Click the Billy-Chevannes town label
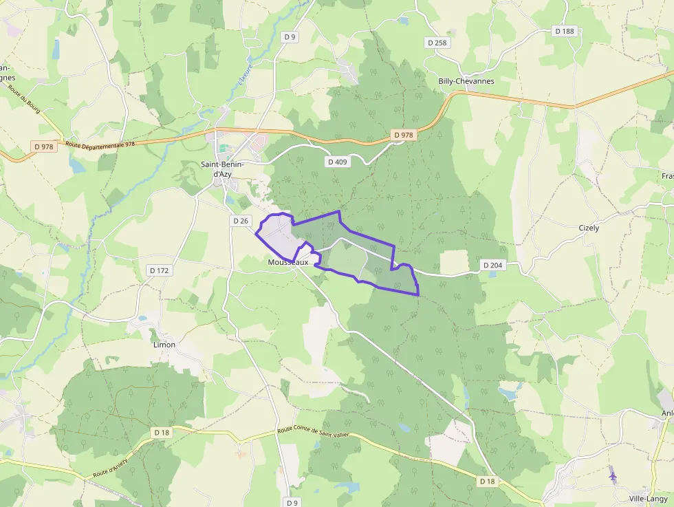click(466, 81)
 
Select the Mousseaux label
click(288, 263)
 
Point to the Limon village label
click(164, 345)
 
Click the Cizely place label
click(589, 228)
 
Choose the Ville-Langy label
click(648, 499)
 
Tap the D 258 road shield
click(437, 43)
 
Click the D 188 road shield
click(564, 31)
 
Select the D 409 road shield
click(336, 161)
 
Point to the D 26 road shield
click(240, 221)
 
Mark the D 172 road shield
click(158, 270)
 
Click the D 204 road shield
click(492, 265)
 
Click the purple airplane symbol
click(613, 475)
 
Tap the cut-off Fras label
click(667, 176)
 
